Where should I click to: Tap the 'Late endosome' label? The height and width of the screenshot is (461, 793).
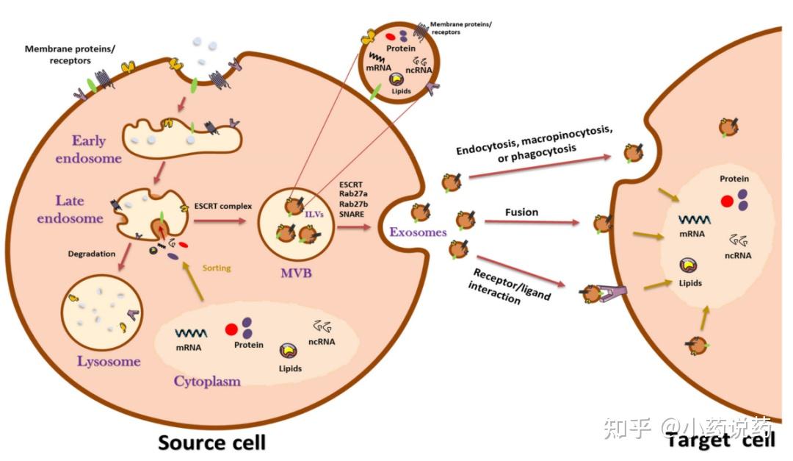coord(80,209)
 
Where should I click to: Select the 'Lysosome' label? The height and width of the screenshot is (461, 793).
coord(109,361)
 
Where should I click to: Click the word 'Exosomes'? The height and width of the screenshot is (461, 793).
coord(418,232)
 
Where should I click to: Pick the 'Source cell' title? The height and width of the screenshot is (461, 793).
coord(212,442)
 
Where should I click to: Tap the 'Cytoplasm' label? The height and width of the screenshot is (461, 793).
coord(207,381)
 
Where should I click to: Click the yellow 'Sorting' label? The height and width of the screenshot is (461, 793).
coord(217,268)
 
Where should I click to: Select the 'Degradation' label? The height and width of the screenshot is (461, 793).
coord(91,254)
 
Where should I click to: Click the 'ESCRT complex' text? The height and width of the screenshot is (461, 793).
coord(223,206)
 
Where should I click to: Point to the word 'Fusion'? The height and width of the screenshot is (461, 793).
coord(521,212)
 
